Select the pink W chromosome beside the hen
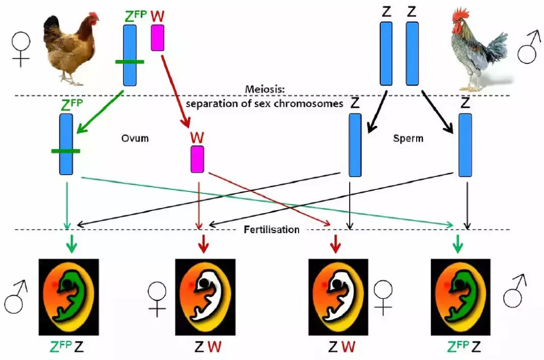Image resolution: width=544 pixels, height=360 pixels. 158,38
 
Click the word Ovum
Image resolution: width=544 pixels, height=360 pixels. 135,137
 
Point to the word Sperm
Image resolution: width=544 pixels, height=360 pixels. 408,137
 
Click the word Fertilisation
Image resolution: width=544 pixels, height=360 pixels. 271,230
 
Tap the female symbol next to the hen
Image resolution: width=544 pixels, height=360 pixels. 21,51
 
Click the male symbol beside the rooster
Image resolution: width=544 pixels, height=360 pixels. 528,48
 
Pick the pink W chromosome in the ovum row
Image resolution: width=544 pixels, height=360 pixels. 197,159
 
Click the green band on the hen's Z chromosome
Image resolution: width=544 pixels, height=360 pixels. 129,62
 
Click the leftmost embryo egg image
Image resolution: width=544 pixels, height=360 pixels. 69,297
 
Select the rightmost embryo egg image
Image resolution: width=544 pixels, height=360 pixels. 460,297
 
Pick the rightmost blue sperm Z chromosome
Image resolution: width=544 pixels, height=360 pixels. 465,145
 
